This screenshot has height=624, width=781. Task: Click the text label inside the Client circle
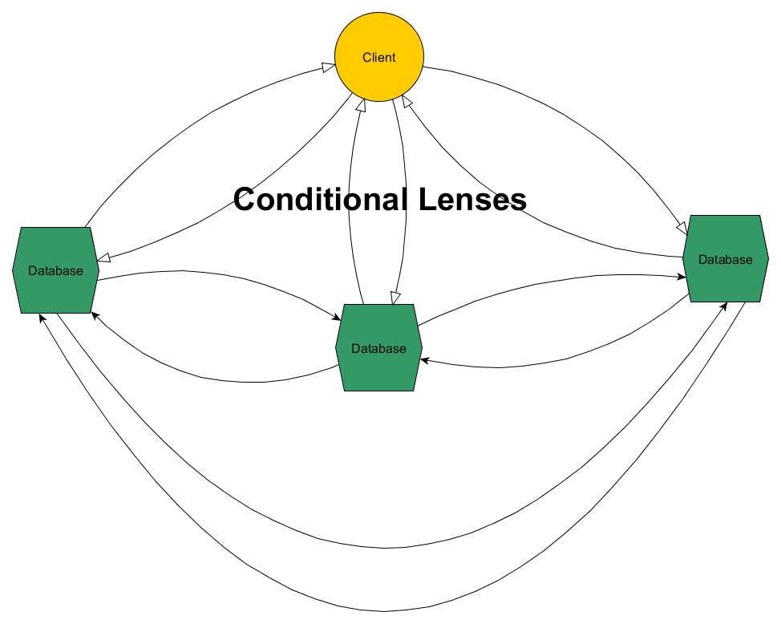[x=379, y=58]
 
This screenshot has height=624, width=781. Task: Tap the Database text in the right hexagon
[x=726, y=259]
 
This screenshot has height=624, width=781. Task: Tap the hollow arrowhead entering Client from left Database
[x=329, y=68]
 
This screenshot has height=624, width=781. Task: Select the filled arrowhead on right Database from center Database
[x=680, y=277]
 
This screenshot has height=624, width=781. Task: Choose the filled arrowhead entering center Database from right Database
[x=425, y=362]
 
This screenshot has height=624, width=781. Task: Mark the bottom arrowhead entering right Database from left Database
[x=725, y=306]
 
